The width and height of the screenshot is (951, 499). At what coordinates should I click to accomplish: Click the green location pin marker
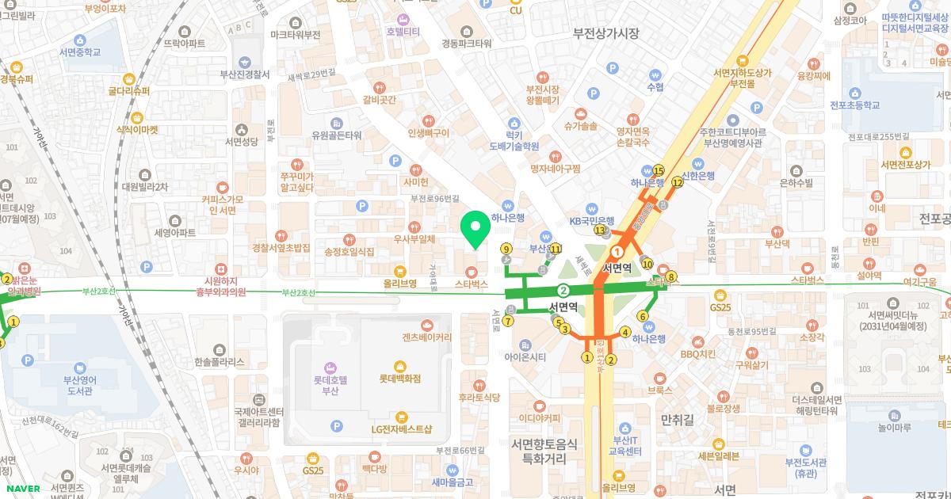click(475, 230)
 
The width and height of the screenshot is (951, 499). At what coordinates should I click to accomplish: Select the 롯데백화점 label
click(399, 379)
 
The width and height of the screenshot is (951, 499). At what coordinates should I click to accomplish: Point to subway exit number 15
click(658, 170)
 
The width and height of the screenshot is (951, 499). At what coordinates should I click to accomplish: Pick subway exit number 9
click(506, 249)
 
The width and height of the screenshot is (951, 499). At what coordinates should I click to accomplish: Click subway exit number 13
click(600, 230)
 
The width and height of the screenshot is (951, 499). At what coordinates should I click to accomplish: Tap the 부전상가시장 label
click(606, 32)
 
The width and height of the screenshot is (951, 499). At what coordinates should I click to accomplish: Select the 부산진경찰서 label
click(245, 74)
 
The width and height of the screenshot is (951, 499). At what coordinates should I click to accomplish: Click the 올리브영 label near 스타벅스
click(400, 282)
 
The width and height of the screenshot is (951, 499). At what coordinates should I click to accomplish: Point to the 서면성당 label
click(242, 142)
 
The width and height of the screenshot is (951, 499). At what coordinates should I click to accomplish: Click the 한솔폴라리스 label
click(219, 362)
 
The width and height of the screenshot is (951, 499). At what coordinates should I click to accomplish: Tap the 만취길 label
click(676, 416)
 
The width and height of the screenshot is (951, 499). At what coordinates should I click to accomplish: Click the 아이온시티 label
click(531, 356)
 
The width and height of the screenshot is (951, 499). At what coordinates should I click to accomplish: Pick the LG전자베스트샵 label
click(402, 429)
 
